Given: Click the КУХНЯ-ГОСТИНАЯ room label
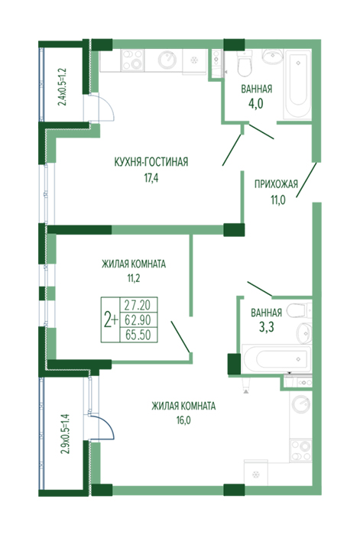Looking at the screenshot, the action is click(x=151, y=162).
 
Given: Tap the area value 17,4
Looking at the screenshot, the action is click(x=151, y=178).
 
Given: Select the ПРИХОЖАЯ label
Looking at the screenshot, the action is click(x=276, y=184).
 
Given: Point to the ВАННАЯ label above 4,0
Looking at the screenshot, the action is click(x=257, y=89).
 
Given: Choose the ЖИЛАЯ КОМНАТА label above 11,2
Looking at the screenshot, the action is click(x=134, y=264).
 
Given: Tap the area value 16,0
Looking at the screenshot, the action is click(x=183, y=420).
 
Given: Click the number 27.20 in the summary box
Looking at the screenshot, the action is click(x=138, y=304).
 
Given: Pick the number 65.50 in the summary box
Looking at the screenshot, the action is click(x=138, y=335).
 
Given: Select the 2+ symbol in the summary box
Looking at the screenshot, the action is click(x=111, y=319).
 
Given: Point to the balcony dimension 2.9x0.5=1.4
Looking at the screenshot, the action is click(x=65, y=433).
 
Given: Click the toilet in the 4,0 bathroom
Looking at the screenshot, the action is click(x=245, y=63).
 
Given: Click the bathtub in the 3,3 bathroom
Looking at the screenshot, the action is click(x=277, y=358).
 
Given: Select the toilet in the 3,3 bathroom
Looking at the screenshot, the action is click(x=299, y=311).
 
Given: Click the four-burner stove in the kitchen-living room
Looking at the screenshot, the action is click(x=132, y=60).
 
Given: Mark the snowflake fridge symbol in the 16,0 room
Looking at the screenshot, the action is click(x=255, y=474).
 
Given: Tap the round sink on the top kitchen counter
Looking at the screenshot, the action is click(x=168, y=60).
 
